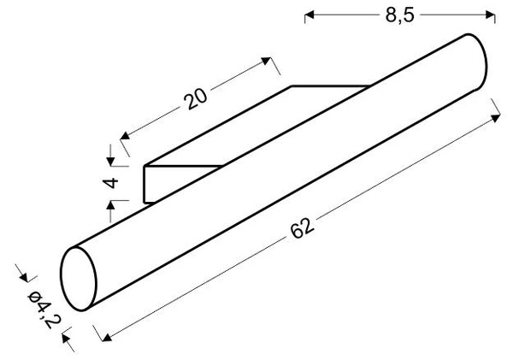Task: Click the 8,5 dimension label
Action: (x=399, y=15)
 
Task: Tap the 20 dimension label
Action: (x=195, y=98)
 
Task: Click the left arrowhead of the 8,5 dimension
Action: (x=310, y=15)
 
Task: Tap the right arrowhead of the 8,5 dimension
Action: (x=490, y=15)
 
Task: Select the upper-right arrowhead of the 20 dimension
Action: (x=266, y=61)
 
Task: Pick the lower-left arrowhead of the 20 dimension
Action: (x=125, y=136)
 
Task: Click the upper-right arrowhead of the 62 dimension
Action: (x=496, y=118)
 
